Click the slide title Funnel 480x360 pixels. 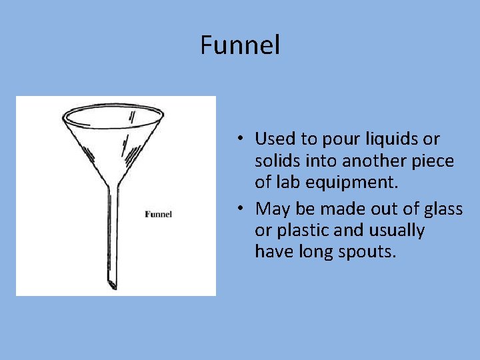(x=240, y=45)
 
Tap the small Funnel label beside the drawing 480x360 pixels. (x=159, y=214)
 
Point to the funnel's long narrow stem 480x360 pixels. (x=109, y=233)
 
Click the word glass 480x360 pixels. (x=440, y=209)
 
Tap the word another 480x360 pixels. (x=369, y=161)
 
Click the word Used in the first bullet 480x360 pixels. (x=275, y=139)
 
